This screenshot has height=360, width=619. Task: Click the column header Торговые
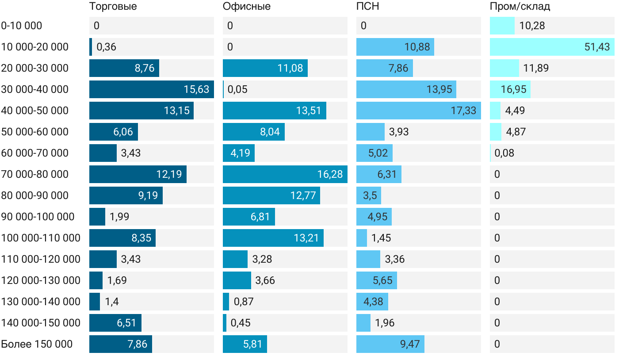tap(113, 7)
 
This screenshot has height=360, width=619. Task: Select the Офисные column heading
tap(246, 7)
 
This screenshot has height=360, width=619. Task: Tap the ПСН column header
tap(367, 7)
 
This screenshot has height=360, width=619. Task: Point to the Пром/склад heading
tap(520, 7)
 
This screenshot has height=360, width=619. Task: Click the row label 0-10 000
tap(22, 26)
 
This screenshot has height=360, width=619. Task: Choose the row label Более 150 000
tap(37, 344)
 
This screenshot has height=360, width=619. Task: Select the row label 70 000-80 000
tap(35, 174)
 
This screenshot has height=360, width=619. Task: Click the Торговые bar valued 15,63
tap(151, 89)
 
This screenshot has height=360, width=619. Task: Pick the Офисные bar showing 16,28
tap(285, 174)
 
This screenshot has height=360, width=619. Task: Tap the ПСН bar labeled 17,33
tap(418, 111)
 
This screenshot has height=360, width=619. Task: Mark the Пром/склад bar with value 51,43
tap(552, 47)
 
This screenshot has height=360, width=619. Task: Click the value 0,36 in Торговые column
tap(106, 47)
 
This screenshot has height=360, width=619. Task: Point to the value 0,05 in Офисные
tap(237, 89)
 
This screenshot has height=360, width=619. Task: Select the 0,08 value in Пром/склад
tap(504, 153)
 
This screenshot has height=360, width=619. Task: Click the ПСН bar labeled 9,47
tap(390, 344)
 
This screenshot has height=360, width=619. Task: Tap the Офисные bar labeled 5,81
tap(245, 344)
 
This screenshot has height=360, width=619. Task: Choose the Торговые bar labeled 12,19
tap(138, 174)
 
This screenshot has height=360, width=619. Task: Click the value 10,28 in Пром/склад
tap(532, 26)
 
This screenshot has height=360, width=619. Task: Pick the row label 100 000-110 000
tap(41, 238)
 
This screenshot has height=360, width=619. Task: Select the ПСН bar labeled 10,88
tap(395, 47)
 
